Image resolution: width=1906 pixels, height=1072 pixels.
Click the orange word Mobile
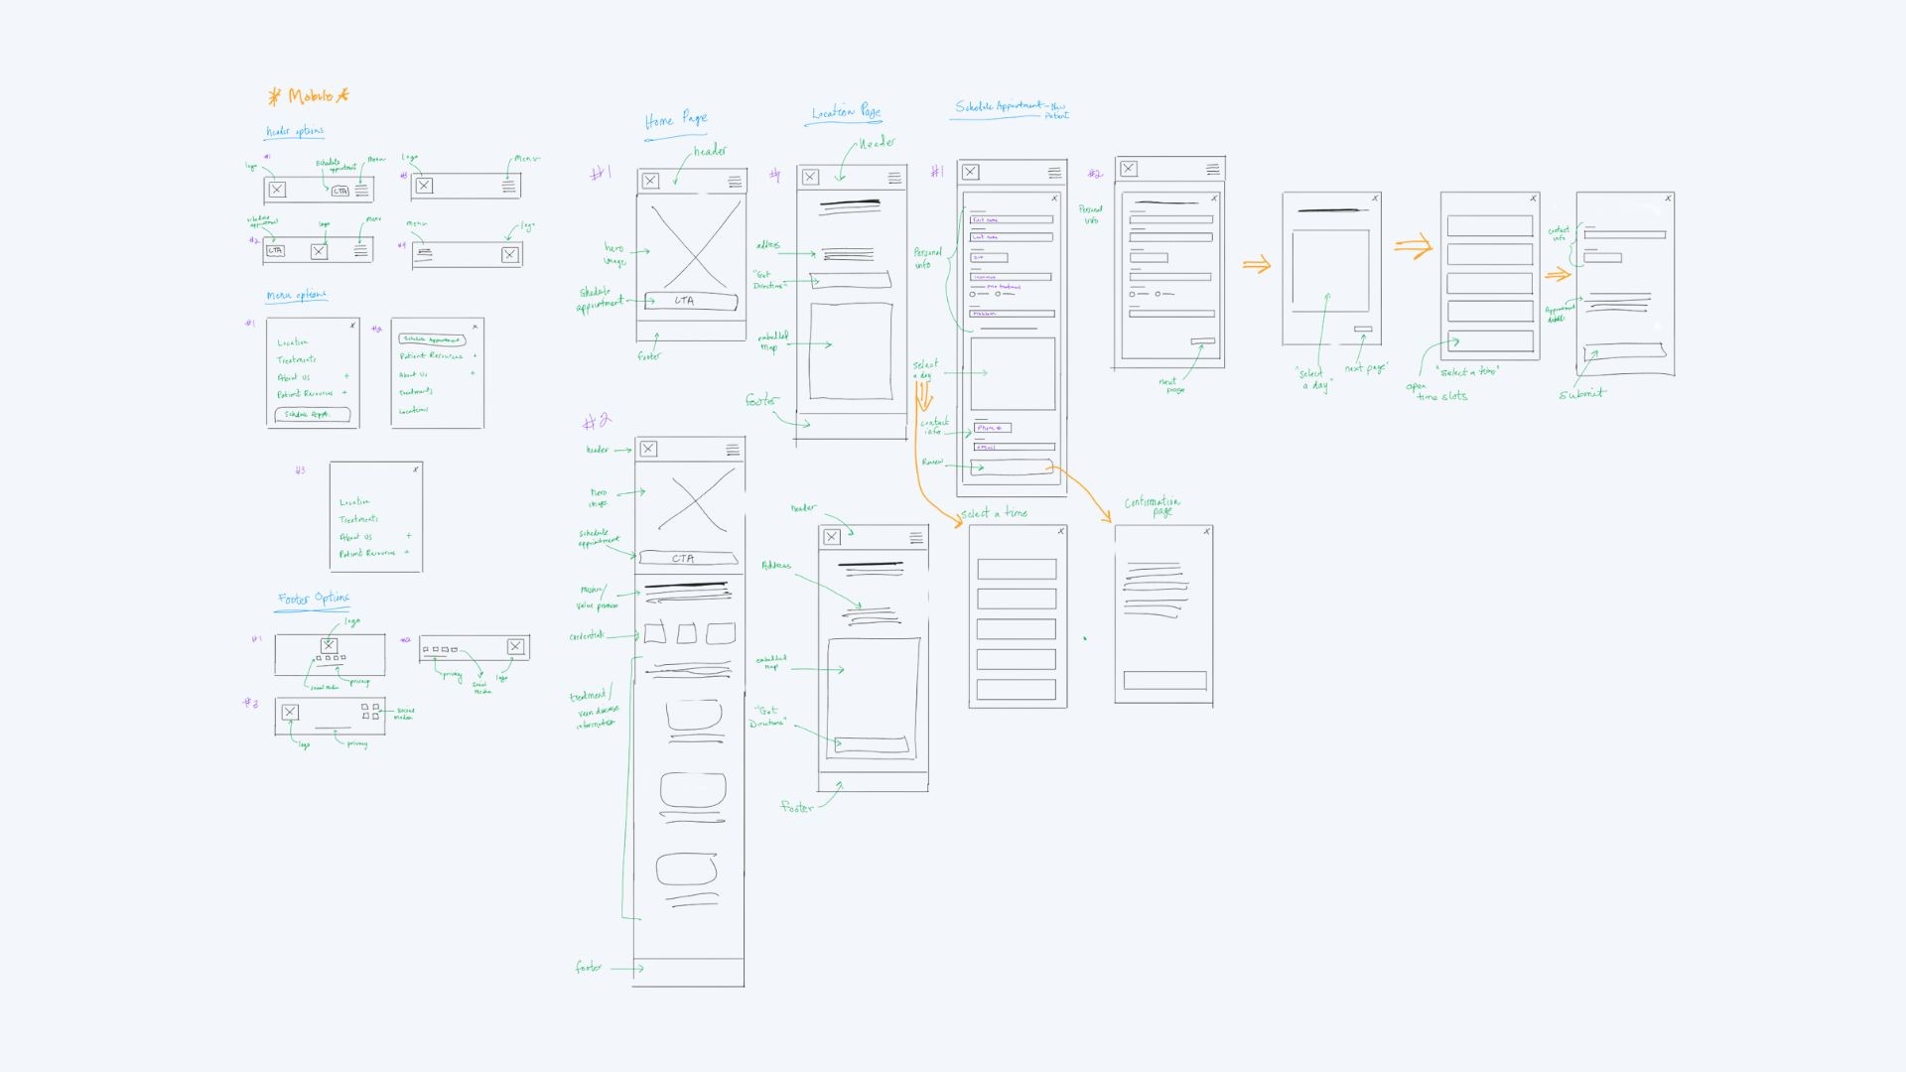[310, 96]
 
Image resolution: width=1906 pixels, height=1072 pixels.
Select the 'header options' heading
[295, 131]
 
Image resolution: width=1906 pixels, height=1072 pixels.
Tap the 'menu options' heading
[296, 295]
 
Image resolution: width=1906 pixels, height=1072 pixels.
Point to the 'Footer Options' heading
[313, 599]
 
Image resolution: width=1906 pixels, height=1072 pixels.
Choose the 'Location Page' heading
[846, 113]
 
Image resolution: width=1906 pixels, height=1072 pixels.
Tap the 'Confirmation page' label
[1153, 505]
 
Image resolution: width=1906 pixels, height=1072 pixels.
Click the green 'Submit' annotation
[1581, 394]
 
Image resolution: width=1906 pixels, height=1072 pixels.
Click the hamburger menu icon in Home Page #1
[735, 182]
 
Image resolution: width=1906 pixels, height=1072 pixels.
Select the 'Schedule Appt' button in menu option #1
[312, 414]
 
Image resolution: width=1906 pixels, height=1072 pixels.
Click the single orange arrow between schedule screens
[1257, 265]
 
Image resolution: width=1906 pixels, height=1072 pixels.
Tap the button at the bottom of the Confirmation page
[1164, 681]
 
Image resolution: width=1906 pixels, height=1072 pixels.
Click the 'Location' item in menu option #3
[354, 502]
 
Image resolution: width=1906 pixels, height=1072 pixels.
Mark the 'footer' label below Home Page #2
[589, 967]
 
